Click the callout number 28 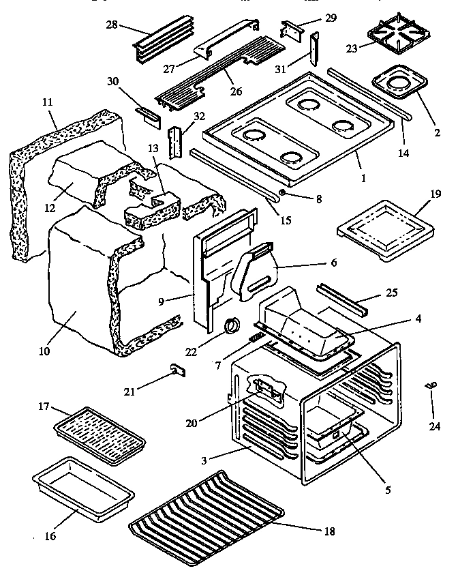point(111,25)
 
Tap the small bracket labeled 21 point(178,370)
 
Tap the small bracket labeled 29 point(291,30)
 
